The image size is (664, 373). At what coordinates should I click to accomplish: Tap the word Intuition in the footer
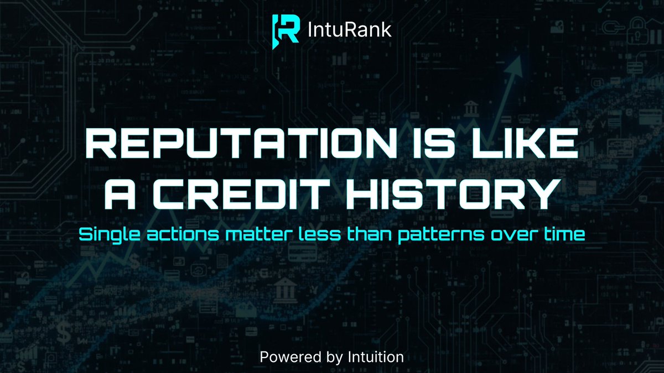coord(377,357)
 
